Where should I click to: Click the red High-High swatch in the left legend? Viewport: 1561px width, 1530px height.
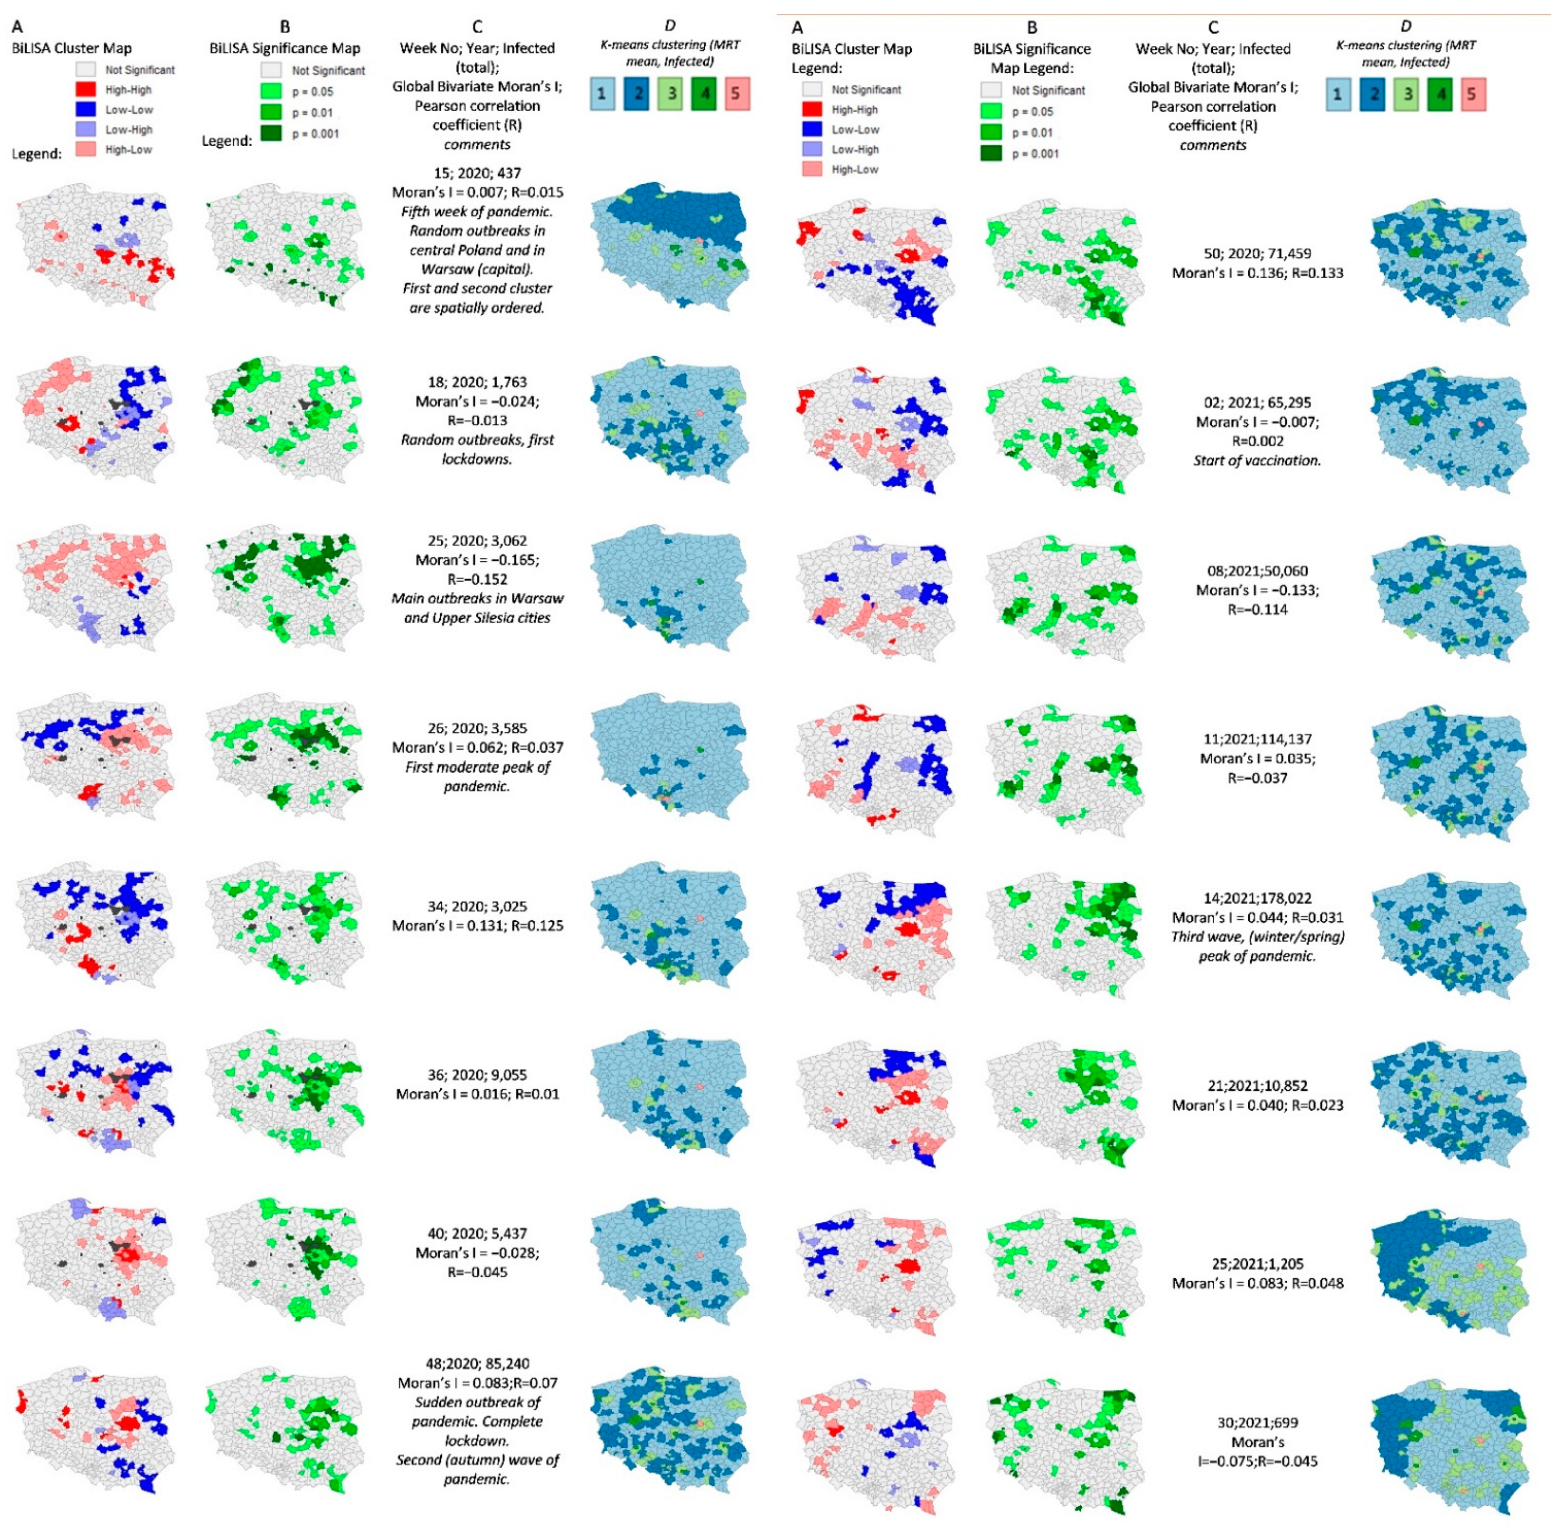86,90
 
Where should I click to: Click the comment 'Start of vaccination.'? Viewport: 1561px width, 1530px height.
1257,460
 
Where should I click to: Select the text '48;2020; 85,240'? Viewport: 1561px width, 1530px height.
476,1363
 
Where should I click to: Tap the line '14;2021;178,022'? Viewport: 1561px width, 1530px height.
1257,898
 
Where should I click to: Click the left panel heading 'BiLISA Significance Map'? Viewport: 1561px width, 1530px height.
285,48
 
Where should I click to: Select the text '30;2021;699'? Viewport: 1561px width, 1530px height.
1257,1422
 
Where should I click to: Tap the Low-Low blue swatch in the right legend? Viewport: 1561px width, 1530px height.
812,129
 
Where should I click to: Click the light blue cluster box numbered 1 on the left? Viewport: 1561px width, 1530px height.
602,94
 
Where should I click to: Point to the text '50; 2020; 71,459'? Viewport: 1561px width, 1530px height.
1257,253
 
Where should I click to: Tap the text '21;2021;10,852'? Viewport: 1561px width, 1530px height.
1257,1085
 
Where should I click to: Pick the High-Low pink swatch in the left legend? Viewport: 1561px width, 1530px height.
86,149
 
